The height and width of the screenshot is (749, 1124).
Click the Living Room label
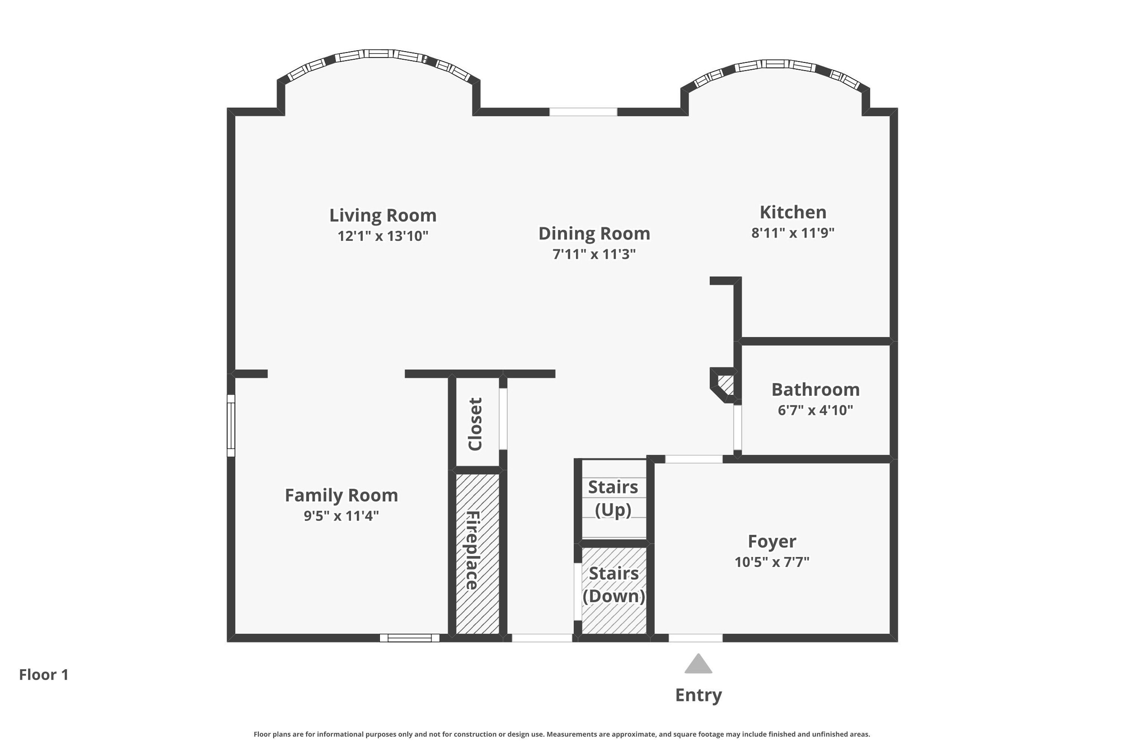383,215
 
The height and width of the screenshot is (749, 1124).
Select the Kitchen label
793,212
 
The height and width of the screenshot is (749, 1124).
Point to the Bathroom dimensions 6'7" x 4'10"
815,410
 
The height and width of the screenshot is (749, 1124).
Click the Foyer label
772,541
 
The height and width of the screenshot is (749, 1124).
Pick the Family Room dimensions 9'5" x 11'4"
341,516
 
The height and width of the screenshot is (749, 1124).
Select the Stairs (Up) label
613,498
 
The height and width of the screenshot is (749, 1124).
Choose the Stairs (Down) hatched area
614,591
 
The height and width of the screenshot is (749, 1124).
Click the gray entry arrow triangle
698,664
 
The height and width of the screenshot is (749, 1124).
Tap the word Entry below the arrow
698,695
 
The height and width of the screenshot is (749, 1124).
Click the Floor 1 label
44,674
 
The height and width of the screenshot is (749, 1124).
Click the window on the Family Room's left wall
231,425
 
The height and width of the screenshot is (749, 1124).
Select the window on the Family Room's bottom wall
410,638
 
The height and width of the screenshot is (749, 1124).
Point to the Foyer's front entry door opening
695,638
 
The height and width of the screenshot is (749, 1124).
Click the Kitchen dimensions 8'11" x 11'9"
793,233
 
